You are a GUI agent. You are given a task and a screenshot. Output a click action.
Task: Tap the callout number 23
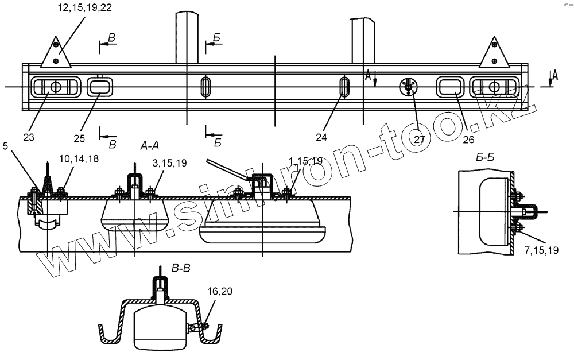(x=29, y=137)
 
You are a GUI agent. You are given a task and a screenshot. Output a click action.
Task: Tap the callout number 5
(x=5, y=146)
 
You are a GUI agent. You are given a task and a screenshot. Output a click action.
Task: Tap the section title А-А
(x=150, y=146)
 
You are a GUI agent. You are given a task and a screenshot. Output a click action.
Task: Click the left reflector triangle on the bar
(x=56, y=55)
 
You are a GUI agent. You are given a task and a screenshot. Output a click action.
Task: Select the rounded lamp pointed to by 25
(x=100, y=87)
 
